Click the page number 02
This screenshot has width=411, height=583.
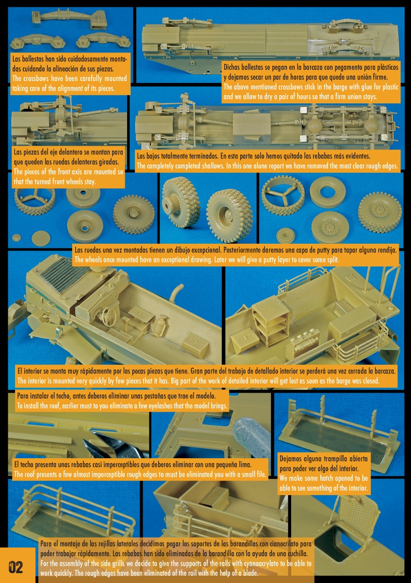16,567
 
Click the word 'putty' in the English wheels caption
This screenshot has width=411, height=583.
271,260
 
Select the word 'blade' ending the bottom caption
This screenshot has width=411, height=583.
251,573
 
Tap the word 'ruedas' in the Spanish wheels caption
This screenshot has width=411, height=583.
92,250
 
